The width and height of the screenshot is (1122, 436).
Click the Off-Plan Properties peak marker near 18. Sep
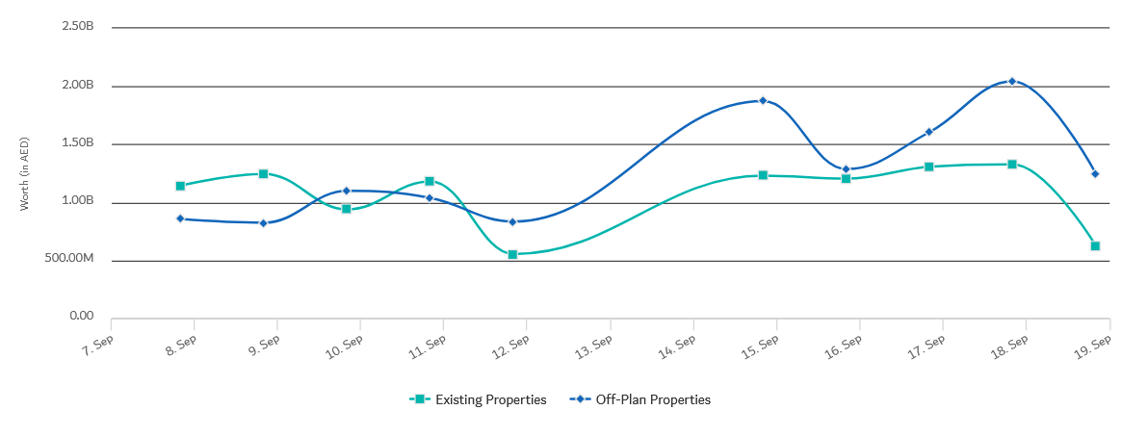1012,81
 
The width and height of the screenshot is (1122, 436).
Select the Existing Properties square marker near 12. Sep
512,254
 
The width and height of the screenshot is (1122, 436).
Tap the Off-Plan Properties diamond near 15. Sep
763,100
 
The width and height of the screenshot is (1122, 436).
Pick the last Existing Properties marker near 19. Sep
1095,245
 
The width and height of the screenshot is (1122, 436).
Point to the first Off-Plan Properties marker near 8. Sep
180,218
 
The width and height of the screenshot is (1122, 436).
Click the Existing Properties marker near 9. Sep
263,173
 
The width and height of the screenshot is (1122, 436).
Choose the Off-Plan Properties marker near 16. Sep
846,169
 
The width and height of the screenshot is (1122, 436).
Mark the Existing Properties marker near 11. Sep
430,181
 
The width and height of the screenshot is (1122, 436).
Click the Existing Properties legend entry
479,399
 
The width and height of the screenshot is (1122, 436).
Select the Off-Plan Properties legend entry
640,399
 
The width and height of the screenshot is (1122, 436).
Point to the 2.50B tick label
77,27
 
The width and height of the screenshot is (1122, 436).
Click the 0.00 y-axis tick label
83,317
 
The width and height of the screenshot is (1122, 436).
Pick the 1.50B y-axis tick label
77,142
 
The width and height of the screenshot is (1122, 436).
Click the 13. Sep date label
595,345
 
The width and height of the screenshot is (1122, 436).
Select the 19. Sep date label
1094,345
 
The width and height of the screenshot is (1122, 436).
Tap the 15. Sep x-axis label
761,345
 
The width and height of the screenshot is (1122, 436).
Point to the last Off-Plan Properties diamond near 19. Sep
1095,173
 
